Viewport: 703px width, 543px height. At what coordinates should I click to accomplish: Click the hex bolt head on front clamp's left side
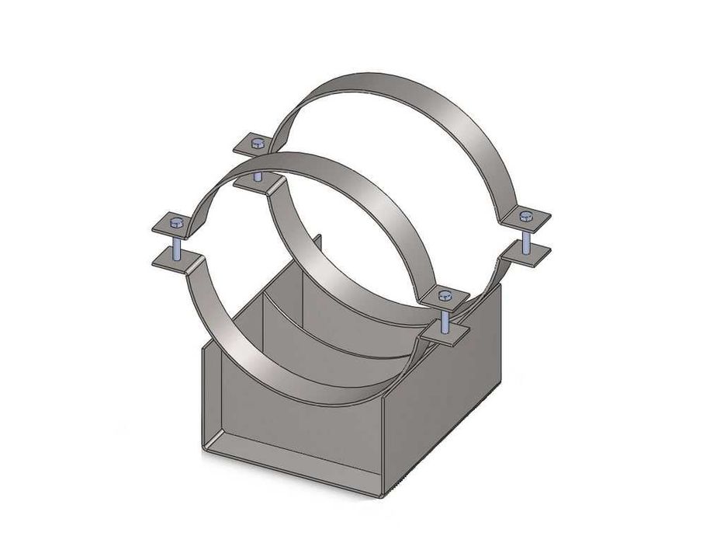point(176,225)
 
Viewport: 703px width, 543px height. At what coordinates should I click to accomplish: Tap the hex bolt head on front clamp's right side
point(444,295)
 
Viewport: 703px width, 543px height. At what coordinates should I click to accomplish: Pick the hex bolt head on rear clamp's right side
point(526,215)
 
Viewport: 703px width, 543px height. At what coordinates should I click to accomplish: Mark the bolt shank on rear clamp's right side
point(526,236)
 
